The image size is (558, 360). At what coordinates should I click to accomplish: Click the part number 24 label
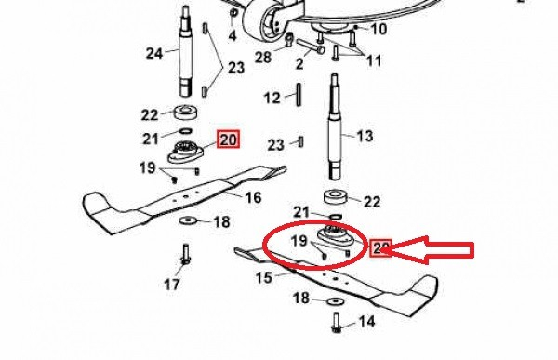153,52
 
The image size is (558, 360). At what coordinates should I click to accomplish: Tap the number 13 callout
364,136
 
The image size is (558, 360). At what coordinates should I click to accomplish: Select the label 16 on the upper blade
253,197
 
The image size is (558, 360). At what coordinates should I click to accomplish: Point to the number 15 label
264,277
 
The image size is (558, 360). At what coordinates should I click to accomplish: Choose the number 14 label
365,322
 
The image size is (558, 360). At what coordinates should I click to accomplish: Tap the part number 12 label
272,98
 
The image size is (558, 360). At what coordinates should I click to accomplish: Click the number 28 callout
263,59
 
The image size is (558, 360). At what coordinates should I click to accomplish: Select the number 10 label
379,29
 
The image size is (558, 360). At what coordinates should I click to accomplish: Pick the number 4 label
206,36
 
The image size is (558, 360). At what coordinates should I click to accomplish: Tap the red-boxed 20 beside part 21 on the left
228,140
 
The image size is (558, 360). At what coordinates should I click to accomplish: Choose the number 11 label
373,60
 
